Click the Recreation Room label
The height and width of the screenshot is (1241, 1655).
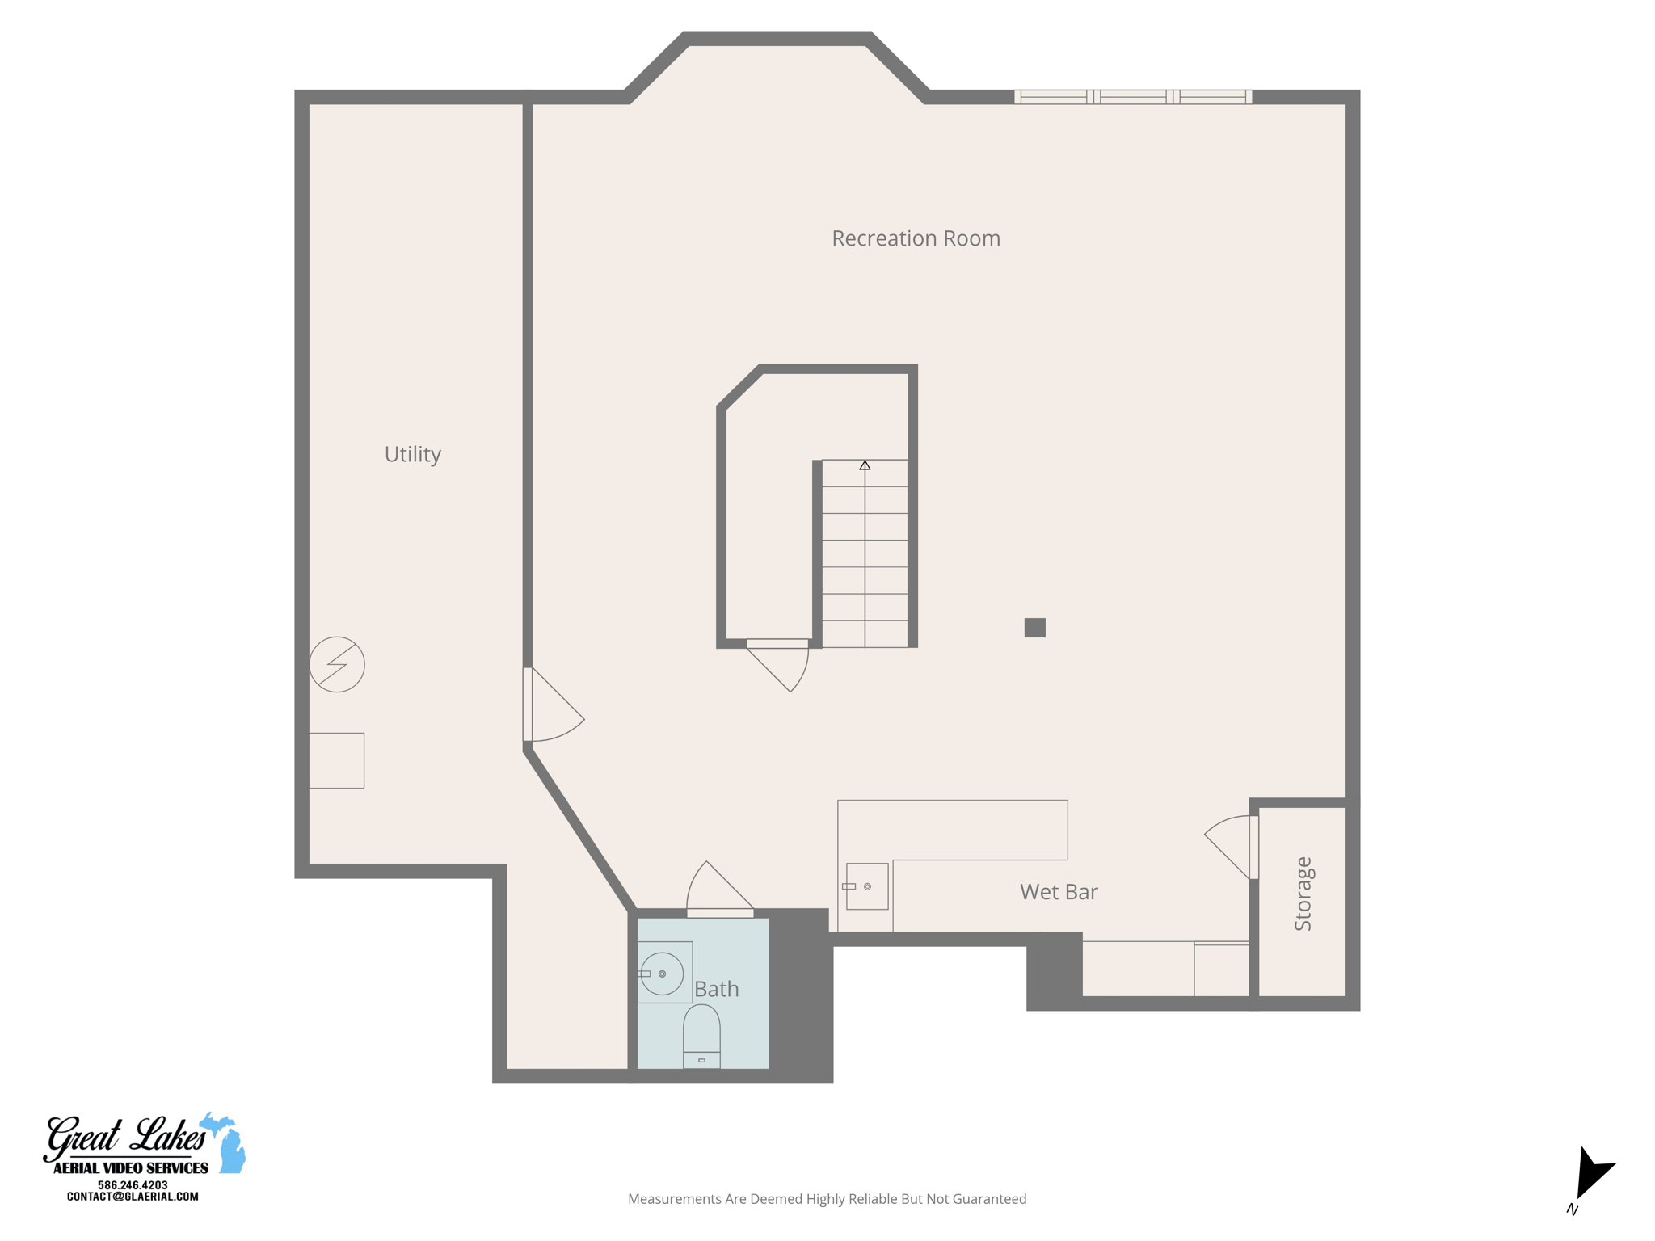916,238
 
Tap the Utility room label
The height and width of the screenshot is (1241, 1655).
412,454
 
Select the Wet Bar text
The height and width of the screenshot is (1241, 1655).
1059,892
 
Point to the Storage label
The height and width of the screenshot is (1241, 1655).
1303,894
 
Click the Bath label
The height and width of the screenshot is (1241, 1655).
716,989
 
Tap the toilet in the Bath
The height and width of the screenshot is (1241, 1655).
701,1036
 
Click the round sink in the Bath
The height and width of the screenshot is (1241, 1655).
662,974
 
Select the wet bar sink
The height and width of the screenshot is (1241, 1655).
867,886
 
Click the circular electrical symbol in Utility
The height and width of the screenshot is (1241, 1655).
337,664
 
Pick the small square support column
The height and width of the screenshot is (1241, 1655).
1034,628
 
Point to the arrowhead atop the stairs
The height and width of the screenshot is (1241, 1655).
865,465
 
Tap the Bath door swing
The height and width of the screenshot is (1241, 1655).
716,889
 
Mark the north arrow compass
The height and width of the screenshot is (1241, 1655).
1590,1176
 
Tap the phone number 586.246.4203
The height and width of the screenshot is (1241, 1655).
133,1185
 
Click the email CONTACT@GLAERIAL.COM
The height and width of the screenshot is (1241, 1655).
133,1197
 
